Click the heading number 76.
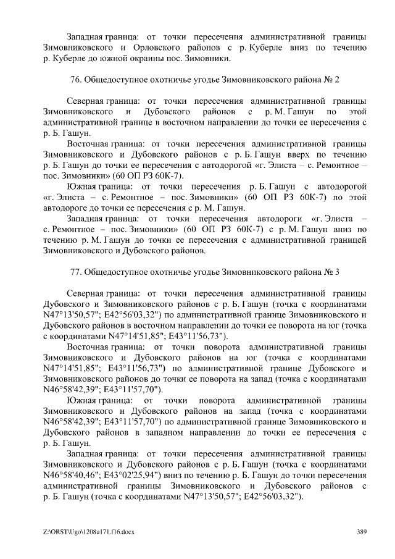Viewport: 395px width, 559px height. [78, 80]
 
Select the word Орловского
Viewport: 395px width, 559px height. [159, 47]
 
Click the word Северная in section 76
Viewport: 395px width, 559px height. [86, 101]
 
